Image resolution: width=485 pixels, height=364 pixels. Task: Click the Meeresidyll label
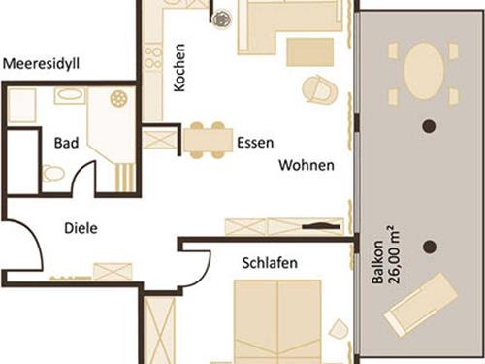(41, 64)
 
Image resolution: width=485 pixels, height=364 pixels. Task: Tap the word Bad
(66, 143)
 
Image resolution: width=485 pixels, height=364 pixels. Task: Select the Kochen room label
(179, 68)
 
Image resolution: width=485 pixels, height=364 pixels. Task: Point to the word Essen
(255, 143)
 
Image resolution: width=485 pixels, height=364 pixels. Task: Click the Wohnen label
(307, 165)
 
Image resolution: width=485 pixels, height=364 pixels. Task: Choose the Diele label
(81, 228)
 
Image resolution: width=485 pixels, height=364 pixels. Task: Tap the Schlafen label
(270, 263)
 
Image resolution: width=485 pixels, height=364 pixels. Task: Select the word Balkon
(377, 262)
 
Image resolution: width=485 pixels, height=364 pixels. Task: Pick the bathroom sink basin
(70, 95)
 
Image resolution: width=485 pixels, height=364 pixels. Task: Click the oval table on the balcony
(423, 71)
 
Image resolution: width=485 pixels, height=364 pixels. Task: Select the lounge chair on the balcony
(421, 305)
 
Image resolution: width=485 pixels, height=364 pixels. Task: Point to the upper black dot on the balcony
(430, 126)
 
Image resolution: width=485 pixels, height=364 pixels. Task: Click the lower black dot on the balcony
(430, 247)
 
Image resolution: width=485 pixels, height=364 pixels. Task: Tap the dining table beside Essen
(209, 140)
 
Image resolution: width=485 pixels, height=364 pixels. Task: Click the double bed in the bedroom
(277, 321)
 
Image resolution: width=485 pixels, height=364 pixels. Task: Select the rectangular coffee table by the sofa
(309, 52)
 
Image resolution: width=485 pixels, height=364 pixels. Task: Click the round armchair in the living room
(320, 89)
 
